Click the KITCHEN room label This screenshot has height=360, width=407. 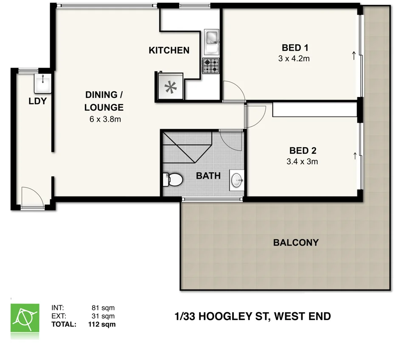[169, 50]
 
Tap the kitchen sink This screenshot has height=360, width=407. [211, 38]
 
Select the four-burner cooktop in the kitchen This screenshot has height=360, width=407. [211, 66]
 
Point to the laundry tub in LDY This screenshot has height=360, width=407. [42, 83]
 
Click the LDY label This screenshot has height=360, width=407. [37, 101]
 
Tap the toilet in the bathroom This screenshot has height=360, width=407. [173, 180]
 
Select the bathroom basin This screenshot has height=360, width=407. [237, 180]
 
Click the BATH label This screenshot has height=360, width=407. [208, 175]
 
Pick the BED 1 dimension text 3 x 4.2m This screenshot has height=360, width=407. [294, 59]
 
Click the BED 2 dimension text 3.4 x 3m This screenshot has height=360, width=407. [303, 161]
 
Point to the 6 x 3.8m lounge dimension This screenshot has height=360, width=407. [105, 119]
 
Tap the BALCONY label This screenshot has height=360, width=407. [296, 243]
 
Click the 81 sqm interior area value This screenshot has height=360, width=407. [103, 308]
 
